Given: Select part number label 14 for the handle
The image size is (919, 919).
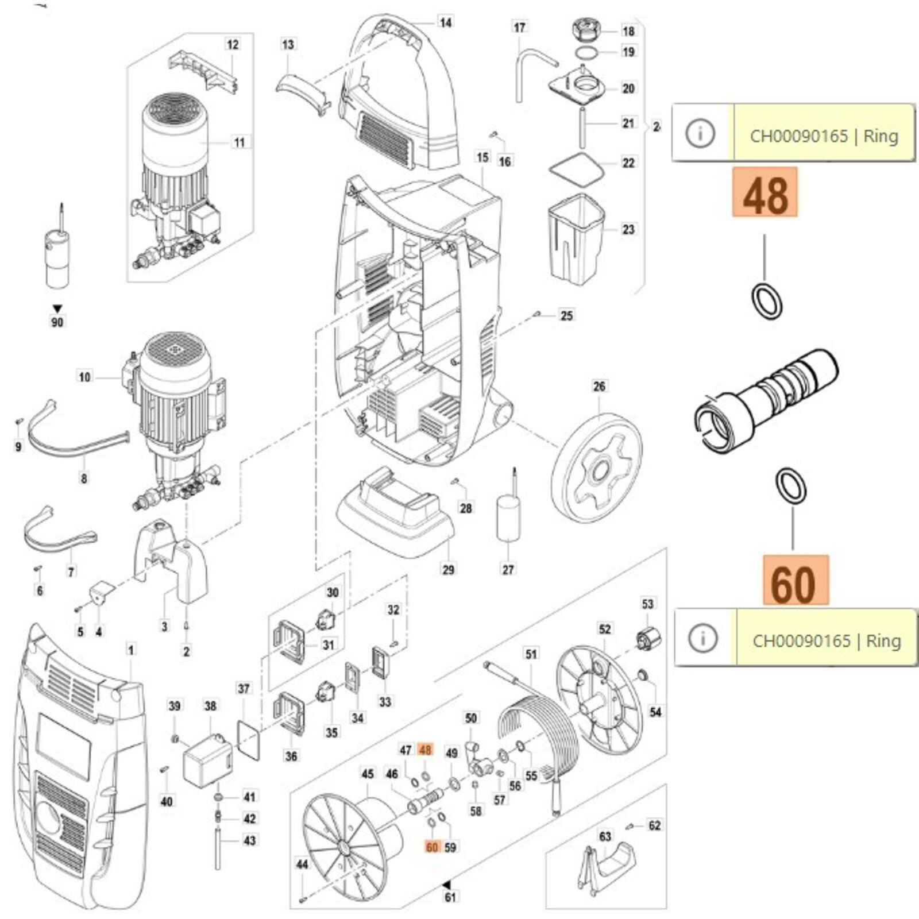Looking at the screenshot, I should click(x=445, y=22).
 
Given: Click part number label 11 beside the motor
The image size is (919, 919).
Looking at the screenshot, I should click(x=240, y=142).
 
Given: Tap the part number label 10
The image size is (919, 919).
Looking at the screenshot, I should click(x=84, y=377).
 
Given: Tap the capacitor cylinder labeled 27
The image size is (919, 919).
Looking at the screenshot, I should click(x=508, y=519).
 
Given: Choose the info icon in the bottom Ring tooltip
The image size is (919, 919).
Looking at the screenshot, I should click(x=703, y=638).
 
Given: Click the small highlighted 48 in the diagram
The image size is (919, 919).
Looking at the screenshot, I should click(x=425, y=750).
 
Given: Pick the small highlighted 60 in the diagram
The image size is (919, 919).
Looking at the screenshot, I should click(x=432, y=847).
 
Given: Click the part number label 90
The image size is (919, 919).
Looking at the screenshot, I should click(x=57, y=322).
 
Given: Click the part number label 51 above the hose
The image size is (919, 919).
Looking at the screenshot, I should click(x=531, y=654).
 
